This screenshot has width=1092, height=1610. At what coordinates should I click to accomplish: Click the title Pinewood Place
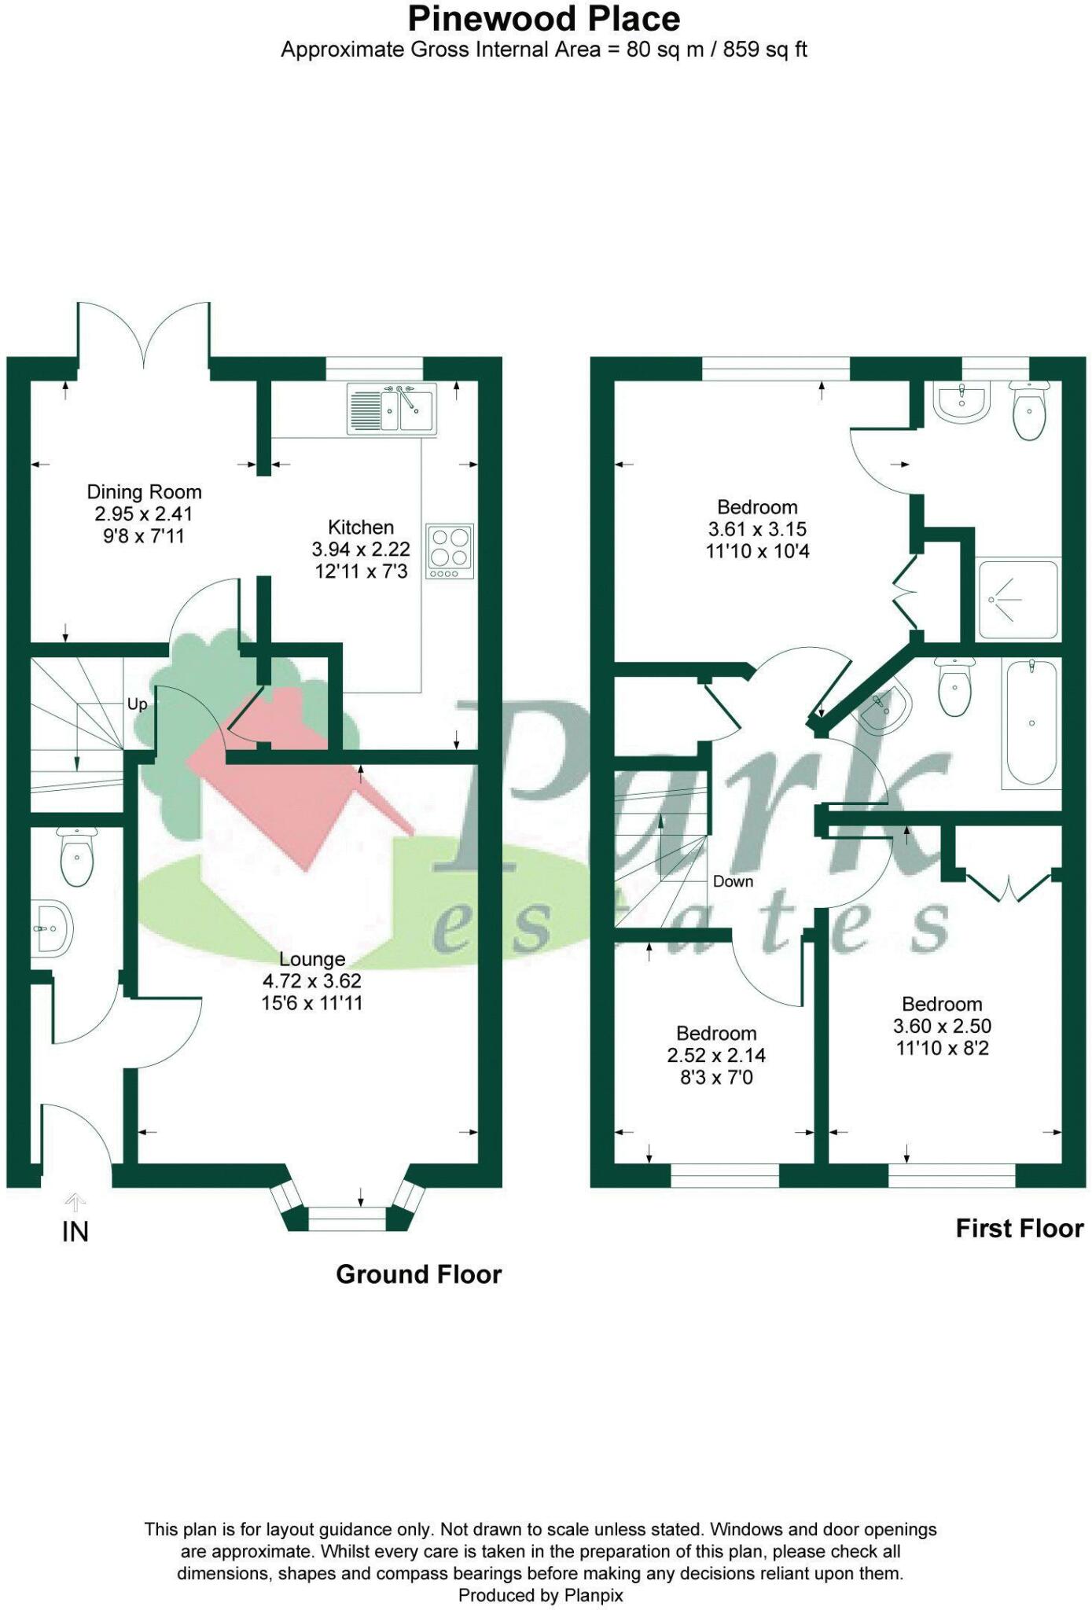click(544, 18)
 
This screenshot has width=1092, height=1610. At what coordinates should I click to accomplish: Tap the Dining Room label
click(144, 492)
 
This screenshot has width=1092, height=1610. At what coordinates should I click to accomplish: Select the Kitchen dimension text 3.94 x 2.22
click(361, 549)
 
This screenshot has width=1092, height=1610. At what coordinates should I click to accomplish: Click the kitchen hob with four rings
click(450, 551)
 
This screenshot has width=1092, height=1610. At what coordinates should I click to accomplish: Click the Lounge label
click(312, 959)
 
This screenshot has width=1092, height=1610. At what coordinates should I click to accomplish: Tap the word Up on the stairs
click(137, 704)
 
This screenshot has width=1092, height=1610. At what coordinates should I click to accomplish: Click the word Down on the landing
click(733, 881)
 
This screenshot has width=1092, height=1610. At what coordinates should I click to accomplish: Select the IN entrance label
click(75, 1232)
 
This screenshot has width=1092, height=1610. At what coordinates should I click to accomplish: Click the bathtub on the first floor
click(1031, 722)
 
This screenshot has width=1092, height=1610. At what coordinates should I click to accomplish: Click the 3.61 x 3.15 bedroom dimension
click(757, 529)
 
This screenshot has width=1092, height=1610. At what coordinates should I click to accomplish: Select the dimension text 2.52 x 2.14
click(716, 1055)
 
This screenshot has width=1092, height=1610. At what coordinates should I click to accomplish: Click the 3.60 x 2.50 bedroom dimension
click(942, 1026)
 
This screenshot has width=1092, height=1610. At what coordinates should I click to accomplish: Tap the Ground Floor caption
click(418, 1274)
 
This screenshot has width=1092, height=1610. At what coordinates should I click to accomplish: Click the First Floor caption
click(1019, 1228)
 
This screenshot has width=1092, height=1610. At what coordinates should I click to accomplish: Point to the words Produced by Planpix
click(541, 1595)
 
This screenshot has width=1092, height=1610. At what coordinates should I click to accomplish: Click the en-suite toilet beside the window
click(1029, 410)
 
